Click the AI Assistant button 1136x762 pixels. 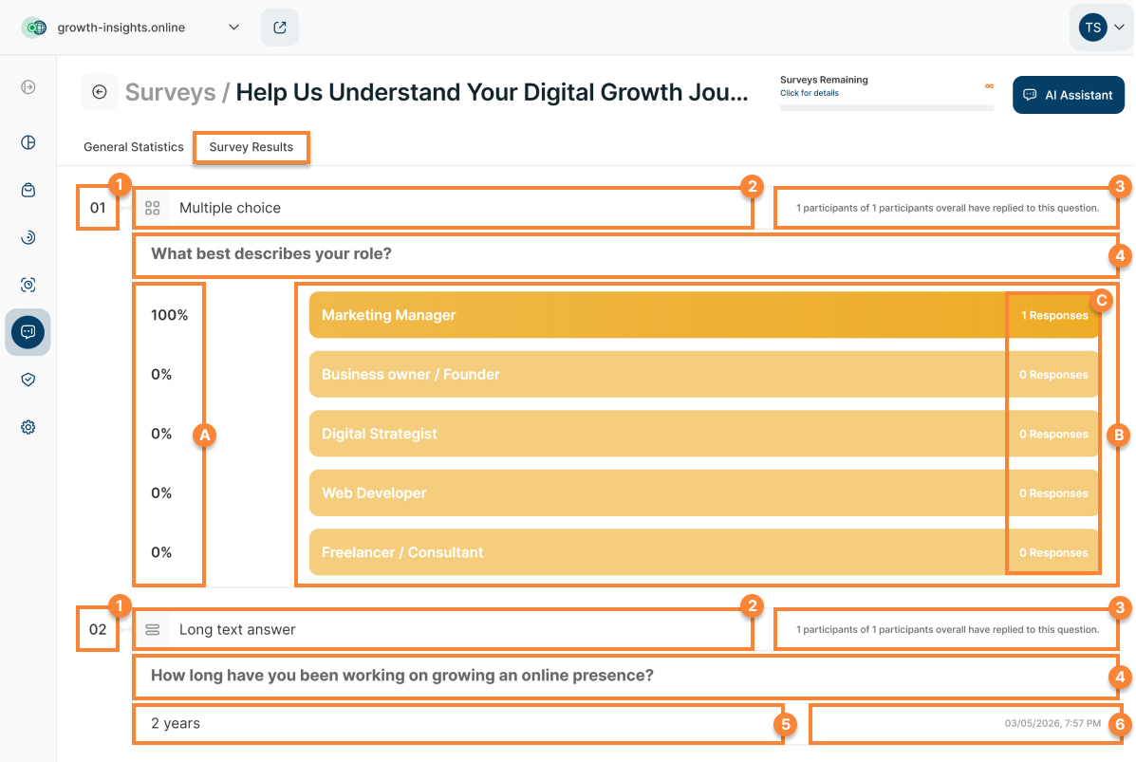coord(1068,95)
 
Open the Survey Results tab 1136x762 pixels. coord(251,147)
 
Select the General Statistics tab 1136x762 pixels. coord(133,147)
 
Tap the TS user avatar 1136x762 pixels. coord(1092,28)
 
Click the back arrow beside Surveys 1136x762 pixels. coord(100,92)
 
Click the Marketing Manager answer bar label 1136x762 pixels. coord(388,315)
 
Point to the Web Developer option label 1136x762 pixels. coord(374,493)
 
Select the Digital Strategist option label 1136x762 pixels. coord(379,434)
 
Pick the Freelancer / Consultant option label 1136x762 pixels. coord(402,552)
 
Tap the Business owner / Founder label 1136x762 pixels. coord(411,375)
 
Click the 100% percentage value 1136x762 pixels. coord(170,315)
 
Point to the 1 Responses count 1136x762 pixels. coord(1054,315)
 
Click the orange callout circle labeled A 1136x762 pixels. coord(204,435)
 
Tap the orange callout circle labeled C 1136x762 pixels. coord(1101,300)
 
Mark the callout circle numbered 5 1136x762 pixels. coord(785,724)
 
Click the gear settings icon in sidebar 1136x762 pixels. coord(28,427)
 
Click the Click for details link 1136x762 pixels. coord(810,93)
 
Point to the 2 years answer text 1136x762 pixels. coord(176,724)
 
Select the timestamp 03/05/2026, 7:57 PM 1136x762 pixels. coord(1052,724)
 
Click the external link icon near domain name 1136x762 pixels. coord(280,28)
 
